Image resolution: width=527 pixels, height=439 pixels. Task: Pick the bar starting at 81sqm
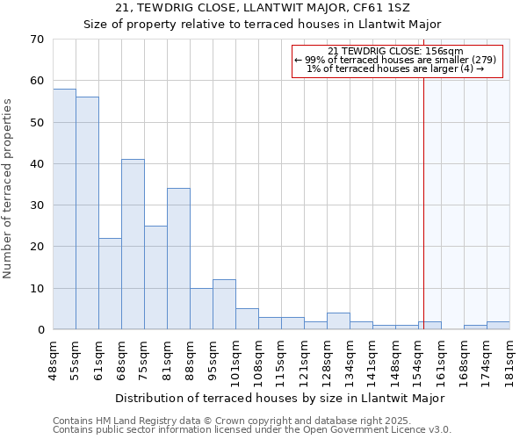coord(178,259)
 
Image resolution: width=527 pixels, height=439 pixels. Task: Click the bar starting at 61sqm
coord(110,284)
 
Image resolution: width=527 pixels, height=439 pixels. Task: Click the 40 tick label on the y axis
coord(36,164)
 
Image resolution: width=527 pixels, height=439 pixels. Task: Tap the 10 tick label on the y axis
coord(36,289)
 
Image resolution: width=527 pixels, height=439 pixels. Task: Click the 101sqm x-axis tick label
coord(235,359)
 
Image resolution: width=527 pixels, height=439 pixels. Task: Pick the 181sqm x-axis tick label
coord(509,359)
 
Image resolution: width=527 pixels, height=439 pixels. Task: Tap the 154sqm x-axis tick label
coord(418,359)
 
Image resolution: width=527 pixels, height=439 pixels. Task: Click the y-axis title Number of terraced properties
coord(8,189)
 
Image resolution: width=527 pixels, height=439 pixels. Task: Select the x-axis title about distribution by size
coord(281,398)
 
